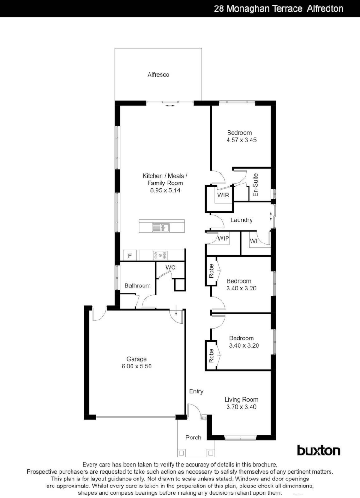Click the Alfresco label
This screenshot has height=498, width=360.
point(158,74)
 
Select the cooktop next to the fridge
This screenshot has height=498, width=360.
point(160,255)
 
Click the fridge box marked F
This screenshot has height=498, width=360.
point(130,255)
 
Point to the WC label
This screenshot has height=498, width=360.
point(170,267)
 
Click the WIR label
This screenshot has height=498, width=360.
point(223,195)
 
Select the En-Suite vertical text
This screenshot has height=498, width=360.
point(255,185)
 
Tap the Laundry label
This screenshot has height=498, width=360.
point(241,220)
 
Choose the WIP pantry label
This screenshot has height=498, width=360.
point(223,238)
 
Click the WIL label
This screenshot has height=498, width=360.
point(255,241)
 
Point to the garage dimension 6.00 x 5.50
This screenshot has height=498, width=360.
point(137,366)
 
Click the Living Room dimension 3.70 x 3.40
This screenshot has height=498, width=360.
point(241,407)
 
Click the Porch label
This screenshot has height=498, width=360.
point(193,437)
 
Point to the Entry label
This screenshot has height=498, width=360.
point(196,391)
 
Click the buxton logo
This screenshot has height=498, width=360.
point(318,450)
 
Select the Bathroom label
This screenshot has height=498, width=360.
point(137,285)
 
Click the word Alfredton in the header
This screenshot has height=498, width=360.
point(325,8)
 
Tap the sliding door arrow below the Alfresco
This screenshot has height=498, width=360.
point(170,106)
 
